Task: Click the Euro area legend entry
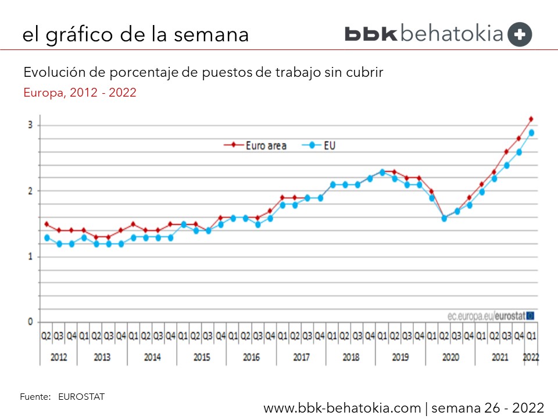[256, 145]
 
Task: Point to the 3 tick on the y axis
[31, 126]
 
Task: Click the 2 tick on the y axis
[31, 191]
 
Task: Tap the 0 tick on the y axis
[31, 322]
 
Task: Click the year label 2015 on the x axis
[202, 357]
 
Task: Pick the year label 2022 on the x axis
[531, 357]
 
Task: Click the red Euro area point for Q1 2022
[531, 119]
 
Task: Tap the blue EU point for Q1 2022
[531, 133]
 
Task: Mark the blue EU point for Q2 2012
[46, 237]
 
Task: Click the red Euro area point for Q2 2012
[46, 224]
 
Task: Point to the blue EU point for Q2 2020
[444, 218]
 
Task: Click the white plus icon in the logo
[519, 34]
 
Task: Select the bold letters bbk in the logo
[371, 34]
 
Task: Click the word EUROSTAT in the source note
[81, 397]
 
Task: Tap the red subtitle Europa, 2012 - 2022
[80, 93]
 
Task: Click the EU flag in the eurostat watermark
[530, 315]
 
